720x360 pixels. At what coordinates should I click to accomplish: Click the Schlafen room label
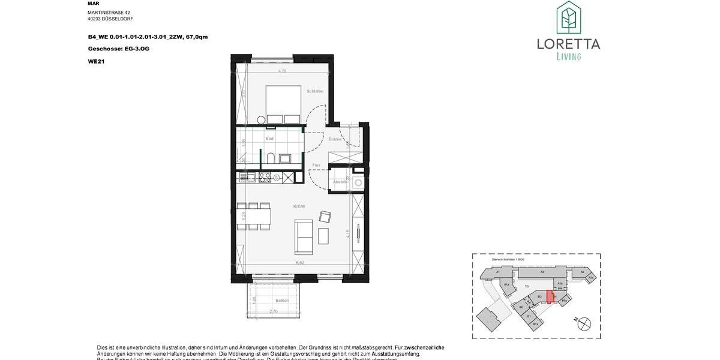pyautogui.click(x=316, y=91)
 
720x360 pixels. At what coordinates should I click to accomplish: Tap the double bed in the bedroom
pyautogui.click(x=283, y=105)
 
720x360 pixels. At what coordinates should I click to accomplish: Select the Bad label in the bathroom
pyautogui.click(x=270, y=139)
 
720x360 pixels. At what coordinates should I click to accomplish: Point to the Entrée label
pyautogui.click(x=335, y=139)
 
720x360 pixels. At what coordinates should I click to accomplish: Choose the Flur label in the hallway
pyautogui.click(x=316, y=165)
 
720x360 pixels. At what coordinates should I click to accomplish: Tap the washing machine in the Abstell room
pyautogui.click(x=358, y=182)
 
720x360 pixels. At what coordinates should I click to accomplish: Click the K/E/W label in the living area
pyautogui.click(x=299, y=206)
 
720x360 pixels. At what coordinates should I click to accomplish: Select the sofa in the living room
pyautogui.click(x=304, y=236)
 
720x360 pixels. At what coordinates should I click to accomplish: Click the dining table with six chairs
pyautogui.click(x=251, y=216)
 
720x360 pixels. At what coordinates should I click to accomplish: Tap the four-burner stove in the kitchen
pyautogui.click(x=266, y=177)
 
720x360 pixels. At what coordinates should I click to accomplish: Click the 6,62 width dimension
pyautogui.click(x=299, y=262)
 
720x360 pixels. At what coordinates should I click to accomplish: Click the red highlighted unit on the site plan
pyautogui.click(x=550, y=298)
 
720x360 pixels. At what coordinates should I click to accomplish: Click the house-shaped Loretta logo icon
pyautogui.click(x=568, y=18)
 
